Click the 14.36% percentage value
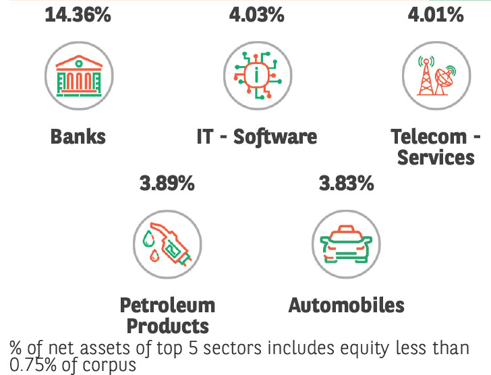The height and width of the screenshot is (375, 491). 78,15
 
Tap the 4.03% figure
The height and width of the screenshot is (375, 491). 257,15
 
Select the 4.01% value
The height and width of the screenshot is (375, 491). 436,15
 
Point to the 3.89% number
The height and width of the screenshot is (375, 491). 167,183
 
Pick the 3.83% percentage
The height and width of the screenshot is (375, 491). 346,183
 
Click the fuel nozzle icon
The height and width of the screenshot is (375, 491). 167,243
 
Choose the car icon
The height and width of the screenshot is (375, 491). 346,243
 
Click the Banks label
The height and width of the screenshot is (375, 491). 78,137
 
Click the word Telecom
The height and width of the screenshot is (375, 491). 429,137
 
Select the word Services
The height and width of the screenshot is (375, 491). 436,158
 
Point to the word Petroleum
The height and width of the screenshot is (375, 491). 167,305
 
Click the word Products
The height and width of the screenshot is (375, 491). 167,326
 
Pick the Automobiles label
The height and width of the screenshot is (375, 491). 346,305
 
